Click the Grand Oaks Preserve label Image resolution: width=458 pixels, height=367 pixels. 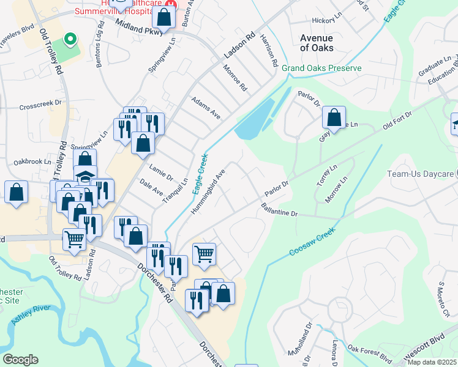click(321, 69)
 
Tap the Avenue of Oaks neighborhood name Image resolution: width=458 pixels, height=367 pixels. click(317, 43)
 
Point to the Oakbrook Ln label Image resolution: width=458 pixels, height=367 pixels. click(30, 162)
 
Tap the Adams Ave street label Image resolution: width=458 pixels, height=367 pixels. click(205, 106)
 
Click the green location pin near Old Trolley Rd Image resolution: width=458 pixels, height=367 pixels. click(70, 40)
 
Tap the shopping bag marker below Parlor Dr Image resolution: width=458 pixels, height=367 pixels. click(334, 117)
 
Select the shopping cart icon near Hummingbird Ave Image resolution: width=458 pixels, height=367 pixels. click(204, 253)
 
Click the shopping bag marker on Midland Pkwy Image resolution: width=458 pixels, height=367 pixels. click(163, 18)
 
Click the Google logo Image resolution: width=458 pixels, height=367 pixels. click(20, 360)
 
